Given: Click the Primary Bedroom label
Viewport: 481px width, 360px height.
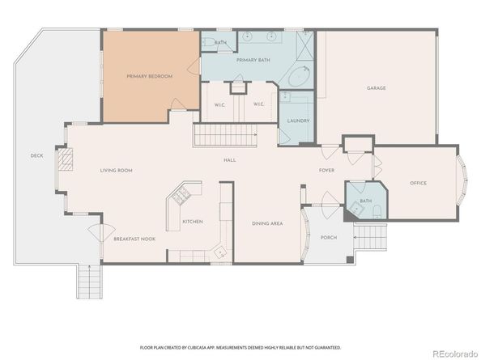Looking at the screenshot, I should click(150, 76).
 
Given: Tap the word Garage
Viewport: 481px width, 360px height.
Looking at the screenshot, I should click(376, 87).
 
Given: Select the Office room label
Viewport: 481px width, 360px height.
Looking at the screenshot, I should click(418, 183).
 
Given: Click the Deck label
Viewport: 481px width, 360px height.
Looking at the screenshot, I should click(36, 155).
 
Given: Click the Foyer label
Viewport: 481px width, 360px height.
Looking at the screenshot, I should click(326, 170).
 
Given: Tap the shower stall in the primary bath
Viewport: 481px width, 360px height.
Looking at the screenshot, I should click(303, 44).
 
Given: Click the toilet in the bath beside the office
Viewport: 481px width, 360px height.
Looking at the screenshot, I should click(378, 211).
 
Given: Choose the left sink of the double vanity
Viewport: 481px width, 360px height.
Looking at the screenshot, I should click(245, 37).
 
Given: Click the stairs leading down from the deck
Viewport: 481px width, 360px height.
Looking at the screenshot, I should click(87, 282).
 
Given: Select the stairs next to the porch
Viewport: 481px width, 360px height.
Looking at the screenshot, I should click(372, 236).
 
